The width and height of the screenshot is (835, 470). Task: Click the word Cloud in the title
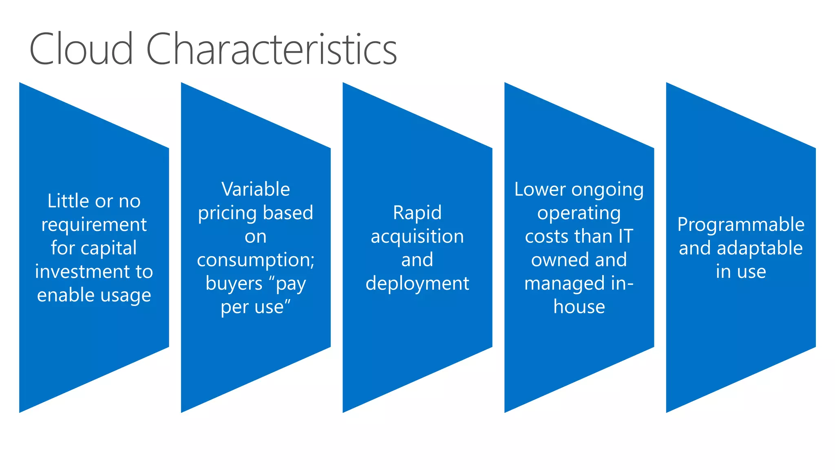click(x=81, y=50)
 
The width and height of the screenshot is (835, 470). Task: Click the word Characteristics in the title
click(x=271, y=50)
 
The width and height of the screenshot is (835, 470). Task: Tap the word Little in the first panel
click(x=68, y=201)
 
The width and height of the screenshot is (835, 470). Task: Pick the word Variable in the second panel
click(x=256, y=189)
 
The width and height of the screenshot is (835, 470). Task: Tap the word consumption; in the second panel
click(x=256, y=260)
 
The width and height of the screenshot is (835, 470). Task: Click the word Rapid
click(x=417, y=213)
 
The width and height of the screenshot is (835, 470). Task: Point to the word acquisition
click(x=417, y=237)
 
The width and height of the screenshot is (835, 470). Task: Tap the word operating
click(x=579, y=213)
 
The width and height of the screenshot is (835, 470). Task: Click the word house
click(x=579, y=307)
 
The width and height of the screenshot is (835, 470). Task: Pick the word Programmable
click(x=741, y=225)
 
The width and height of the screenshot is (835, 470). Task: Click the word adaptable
click(x=760, y=248)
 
